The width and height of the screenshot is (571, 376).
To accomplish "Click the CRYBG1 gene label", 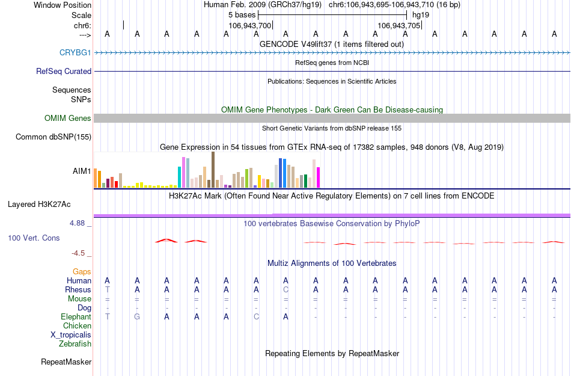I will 75,52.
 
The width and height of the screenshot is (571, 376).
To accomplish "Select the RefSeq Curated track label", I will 64,71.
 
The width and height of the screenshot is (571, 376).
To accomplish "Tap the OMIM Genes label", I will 68,119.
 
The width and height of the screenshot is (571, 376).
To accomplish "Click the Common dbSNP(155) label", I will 53,137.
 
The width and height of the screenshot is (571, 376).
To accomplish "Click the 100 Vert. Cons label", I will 34,238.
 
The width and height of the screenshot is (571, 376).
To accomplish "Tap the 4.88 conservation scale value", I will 79,223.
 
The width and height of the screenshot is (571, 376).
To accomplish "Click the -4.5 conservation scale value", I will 80,253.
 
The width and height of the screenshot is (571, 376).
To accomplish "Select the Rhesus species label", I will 78,289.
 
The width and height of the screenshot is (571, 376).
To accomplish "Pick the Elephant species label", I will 76,316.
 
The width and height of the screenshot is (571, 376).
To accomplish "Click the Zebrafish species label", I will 75,344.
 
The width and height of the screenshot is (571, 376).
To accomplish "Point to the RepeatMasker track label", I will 66,362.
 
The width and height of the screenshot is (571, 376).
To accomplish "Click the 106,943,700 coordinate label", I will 251,25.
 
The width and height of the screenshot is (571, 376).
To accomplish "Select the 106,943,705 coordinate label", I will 399,25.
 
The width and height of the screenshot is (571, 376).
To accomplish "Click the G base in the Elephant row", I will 137,316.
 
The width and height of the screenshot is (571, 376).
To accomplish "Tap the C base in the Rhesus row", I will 286,289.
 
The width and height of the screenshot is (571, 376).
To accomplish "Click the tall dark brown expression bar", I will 213,170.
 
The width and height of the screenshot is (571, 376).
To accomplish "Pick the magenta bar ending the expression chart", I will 319,177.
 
